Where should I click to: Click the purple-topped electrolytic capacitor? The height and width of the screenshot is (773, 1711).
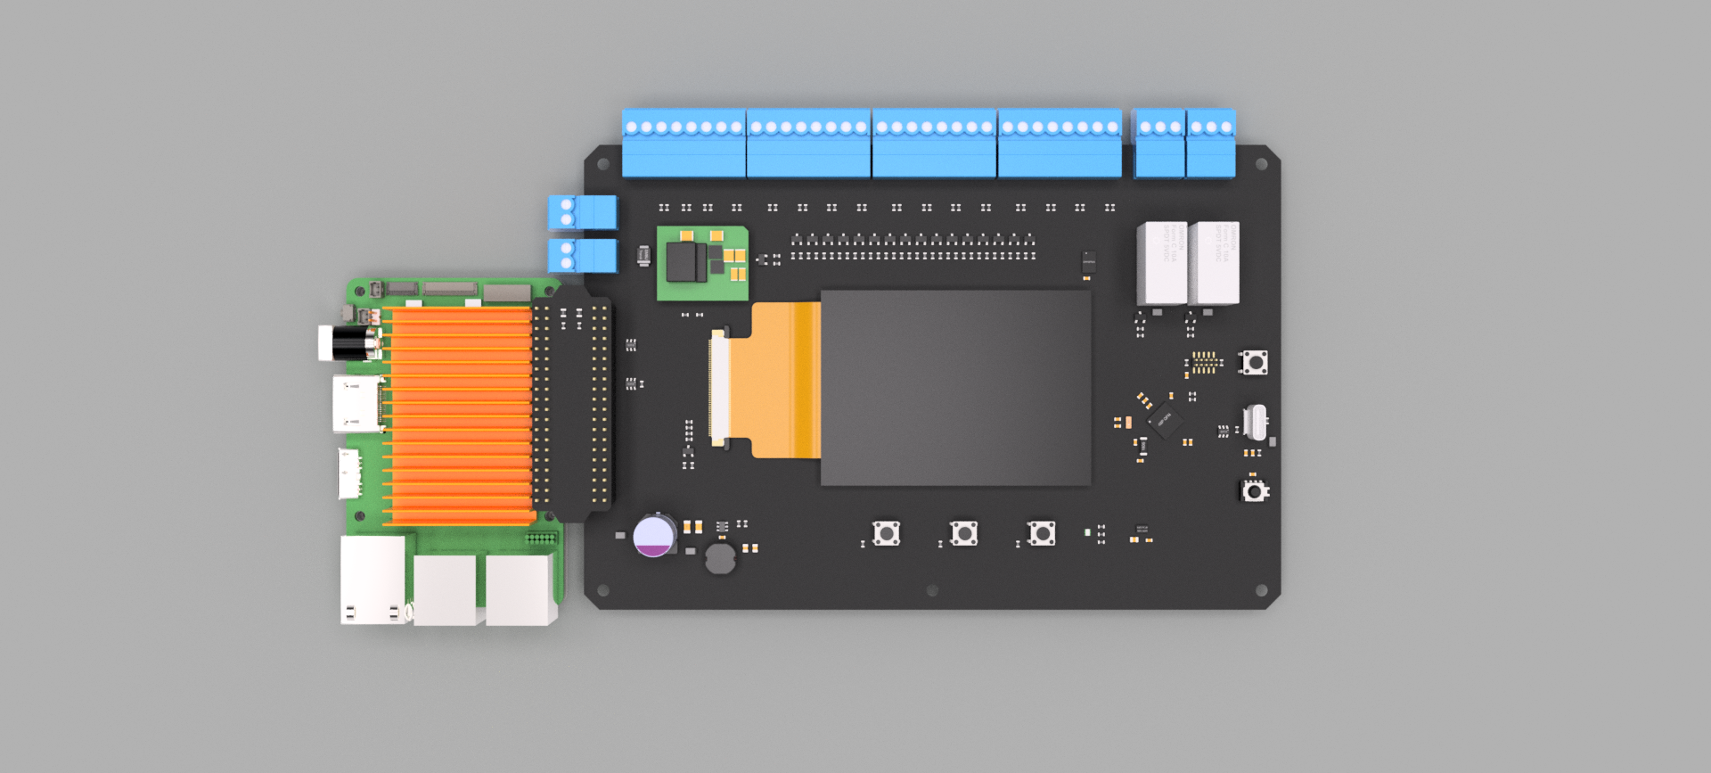pyautogui.click(x=654, y=536)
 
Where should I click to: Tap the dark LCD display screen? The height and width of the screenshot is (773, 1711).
pyautogui.click(x=955, y=388)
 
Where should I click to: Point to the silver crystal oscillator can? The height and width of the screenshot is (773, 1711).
pyautogui.click(x=1255, y=422)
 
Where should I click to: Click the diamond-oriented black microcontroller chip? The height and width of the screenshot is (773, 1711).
pyautogui.click(x=1164, y=419)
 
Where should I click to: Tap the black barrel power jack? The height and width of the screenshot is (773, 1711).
pyautogui.click(x=348, y=343)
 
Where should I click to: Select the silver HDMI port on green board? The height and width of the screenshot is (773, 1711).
pyautogui.click(x=356, y=404)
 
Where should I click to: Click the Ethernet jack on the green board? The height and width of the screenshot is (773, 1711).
pyautogui.click(x=372, y=580)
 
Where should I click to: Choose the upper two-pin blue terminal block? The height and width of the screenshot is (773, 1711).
pyautogui.click(x=582, y=212)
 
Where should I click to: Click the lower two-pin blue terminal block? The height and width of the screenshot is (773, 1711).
pyautogui.click(x=582, y=255)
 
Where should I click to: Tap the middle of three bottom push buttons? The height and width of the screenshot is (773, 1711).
pyautogui.click(x=964, y=533)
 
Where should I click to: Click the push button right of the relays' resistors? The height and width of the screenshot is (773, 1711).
pyautogui.click(x=1255, y=362)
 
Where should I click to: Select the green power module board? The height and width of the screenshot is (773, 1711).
pyautogui.click(x=702, y=263)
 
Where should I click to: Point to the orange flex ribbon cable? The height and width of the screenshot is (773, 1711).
pyautogui.click(x=784, y=380)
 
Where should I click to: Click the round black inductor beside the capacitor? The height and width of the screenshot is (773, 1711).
pyautogui.click(x=720, y=559)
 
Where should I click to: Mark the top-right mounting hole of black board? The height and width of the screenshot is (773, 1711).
pyautogui.click(x=1261, y=164)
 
